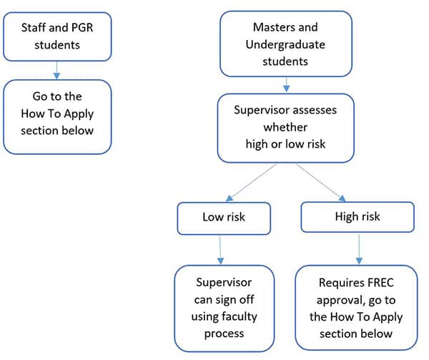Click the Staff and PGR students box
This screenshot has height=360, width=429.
(57, 36)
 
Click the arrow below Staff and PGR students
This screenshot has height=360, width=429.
(57, 69)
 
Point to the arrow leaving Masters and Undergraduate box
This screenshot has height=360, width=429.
(286, 84)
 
